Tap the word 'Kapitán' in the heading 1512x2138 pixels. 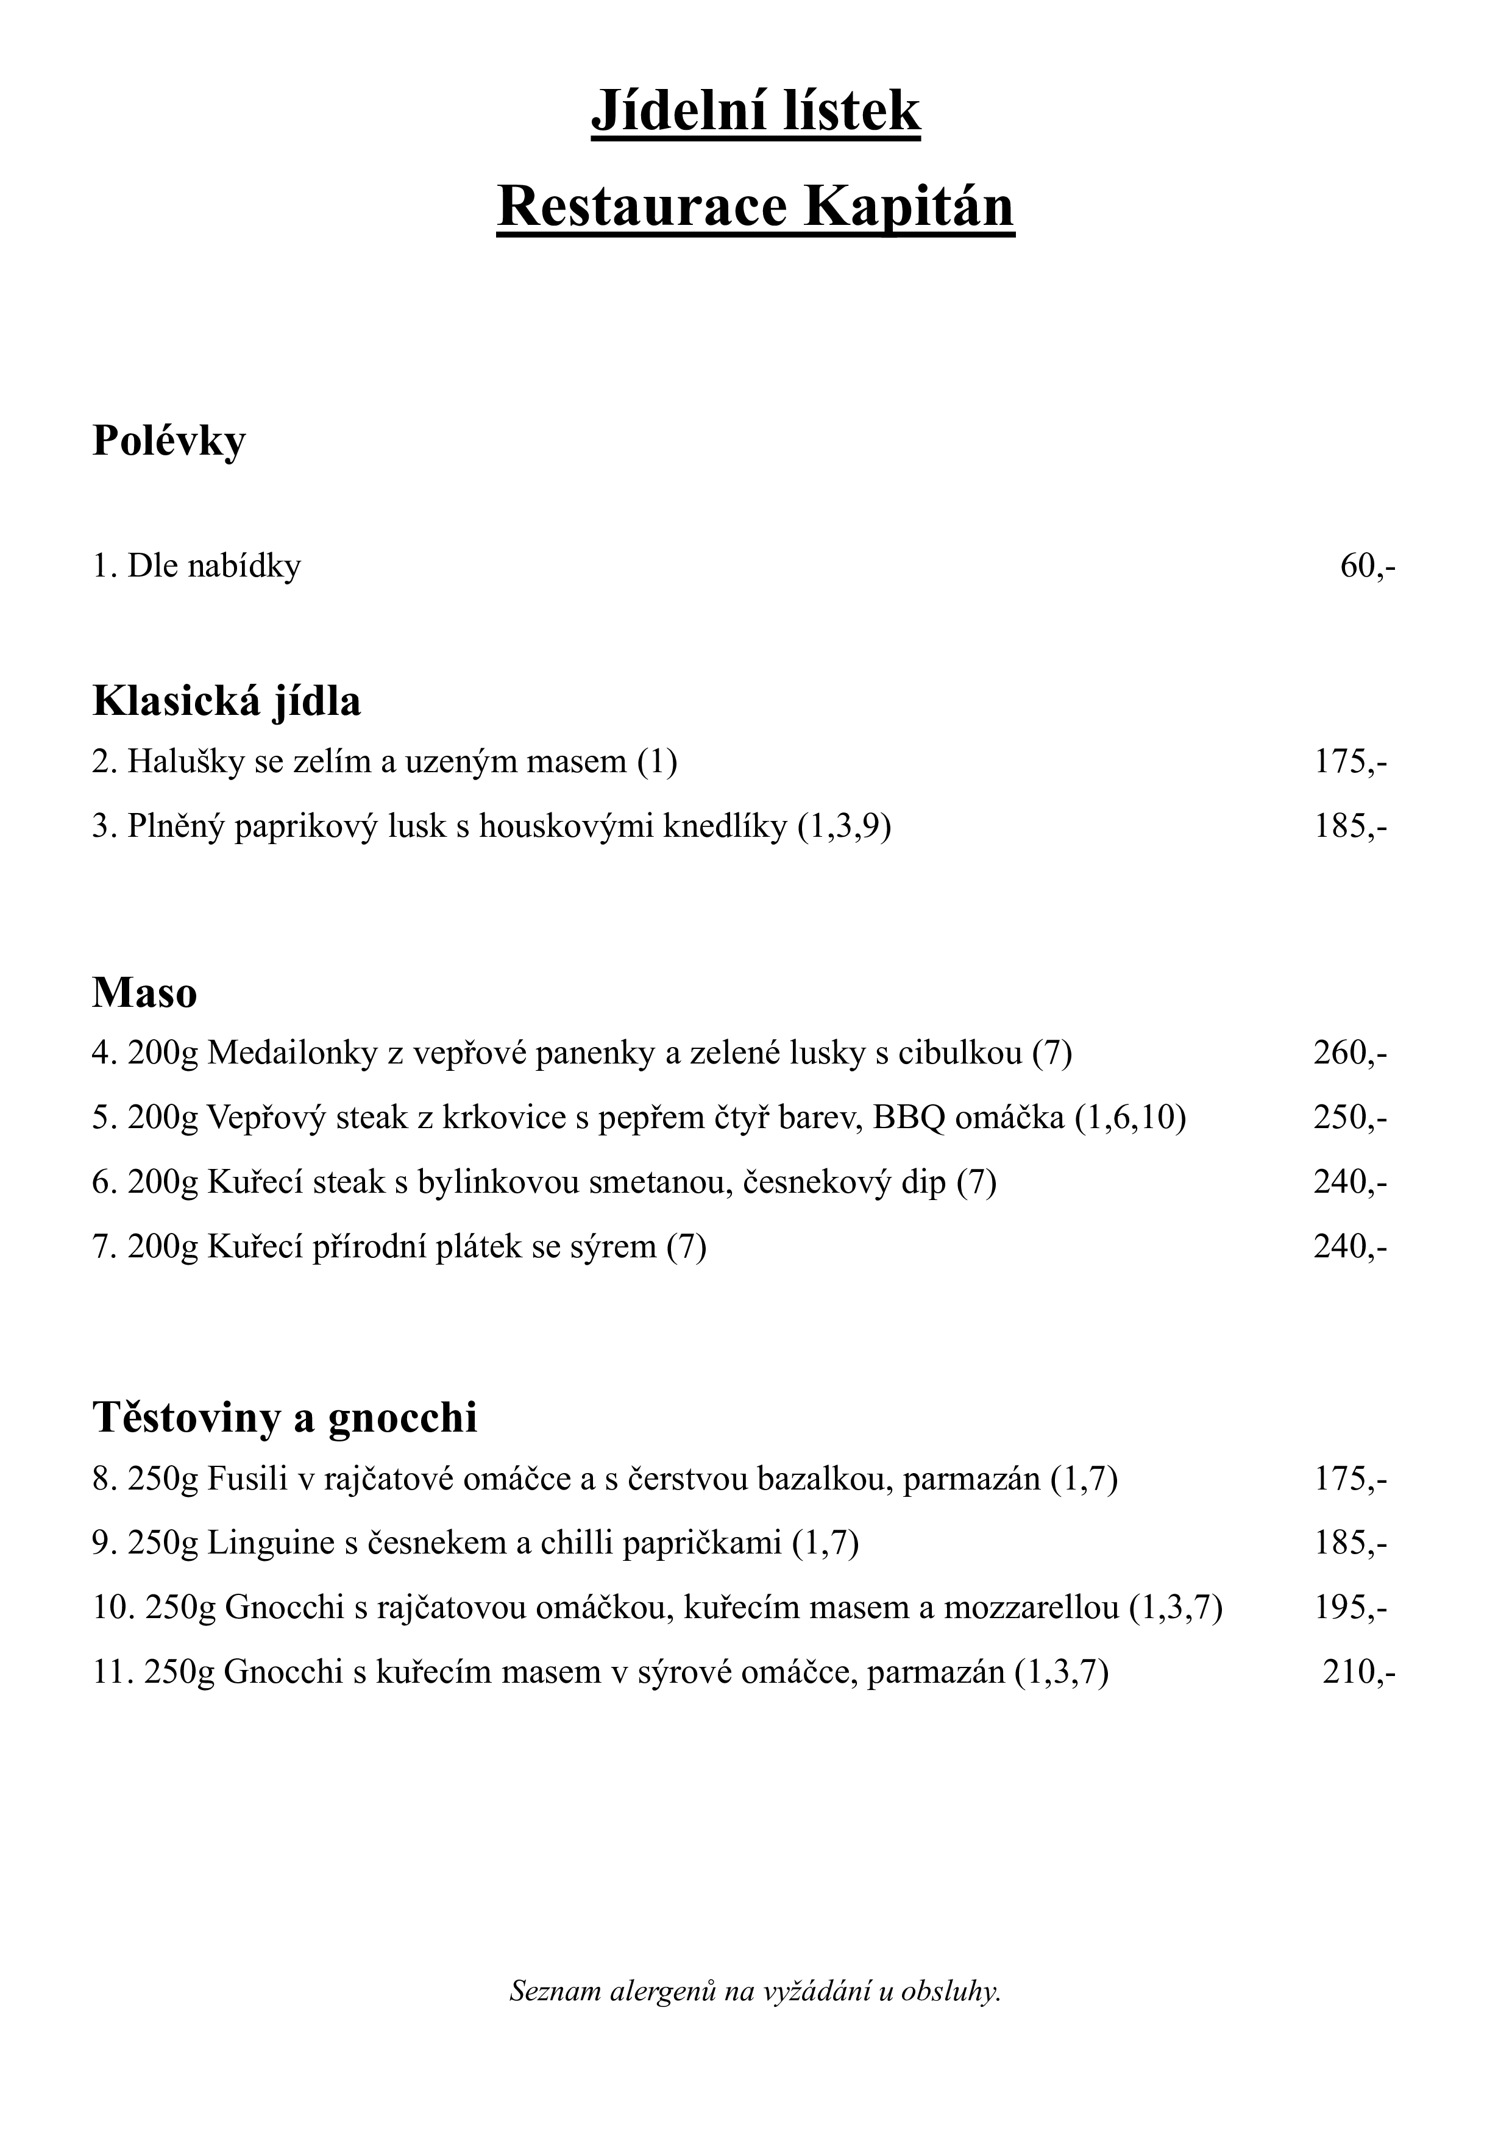point(909,207)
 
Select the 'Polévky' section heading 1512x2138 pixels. point(169,441)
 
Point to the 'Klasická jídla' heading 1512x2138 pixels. point(226,701)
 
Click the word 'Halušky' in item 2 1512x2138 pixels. point(186,762)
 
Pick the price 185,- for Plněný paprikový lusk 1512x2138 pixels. point(1350,826)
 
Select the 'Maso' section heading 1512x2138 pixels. point(144,993)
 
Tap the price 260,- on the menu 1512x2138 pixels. point(1350,1053)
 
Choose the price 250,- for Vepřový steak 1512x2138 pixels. point(1350,1117)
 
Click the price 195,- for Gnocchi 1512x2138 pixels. point(1350,1607)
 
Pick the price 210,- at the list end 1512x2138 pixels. point(1358,1672)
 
